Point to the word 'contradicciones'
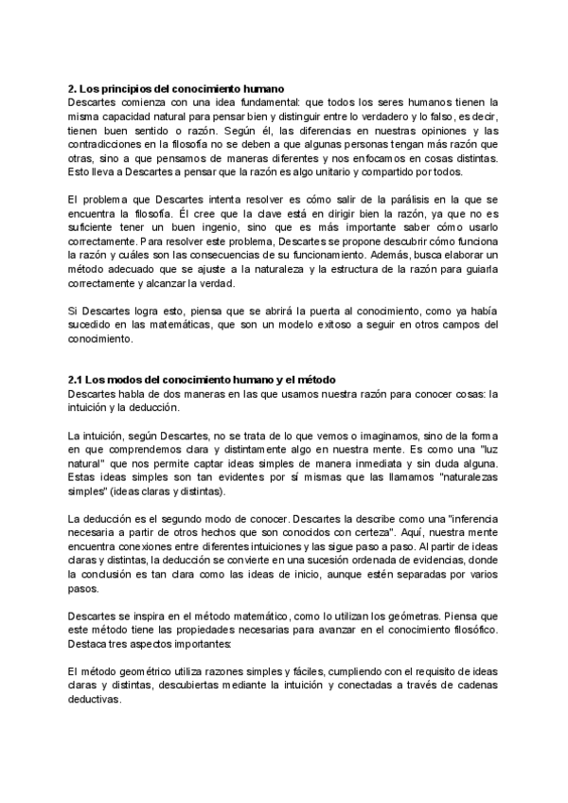coord(110,144)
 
